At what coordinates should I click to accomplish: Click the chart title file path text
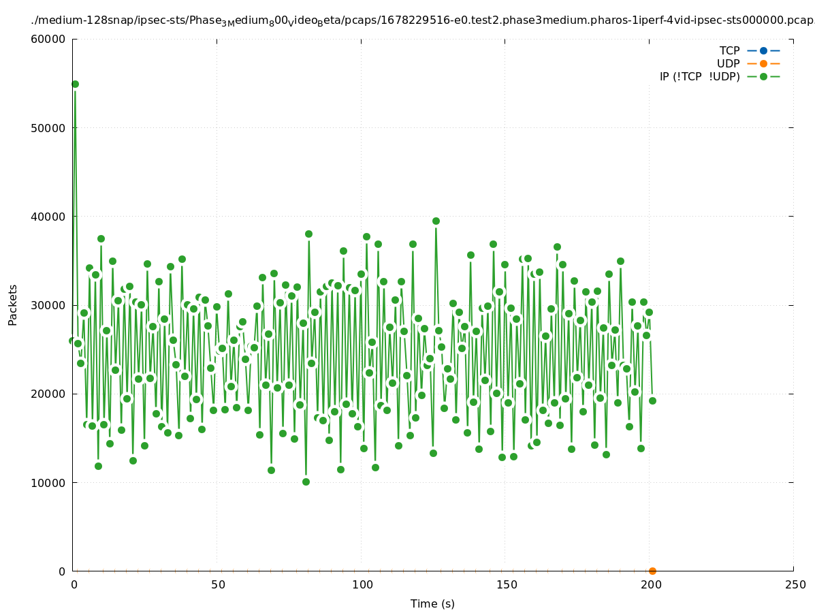[x=422, y=20]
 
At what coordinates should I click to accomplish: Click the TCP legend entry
[x=729, y=50]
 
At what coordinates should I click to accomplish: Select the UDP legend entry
[x=728, y=63]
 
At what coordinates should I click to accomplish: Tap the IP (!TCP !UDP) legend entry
[x=699, y=76]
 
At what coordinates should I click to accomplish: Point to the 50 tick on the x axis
[x=217, y=584]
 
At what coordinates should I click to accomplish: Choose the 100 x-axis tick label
[x=362, y=584]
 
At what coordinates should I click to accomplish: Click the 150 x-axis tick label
[x=506, y=584]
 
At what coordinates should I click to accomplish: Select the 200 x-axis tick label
[x=650, y=584]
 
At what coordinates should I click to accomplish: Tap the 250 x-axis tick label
[x=795, y=584]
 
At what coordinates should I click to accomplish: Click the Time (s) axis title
[x=432, y=603]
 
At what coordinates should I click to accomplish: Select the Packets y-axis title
[x=13, y=304]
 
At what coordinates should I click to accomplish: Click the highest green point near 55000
[x=75, y=84]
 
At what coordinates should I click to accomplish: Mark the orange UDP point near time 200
[x=652, y=571]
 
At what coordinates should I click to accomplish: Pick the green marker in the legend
[x=763, y=76]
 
